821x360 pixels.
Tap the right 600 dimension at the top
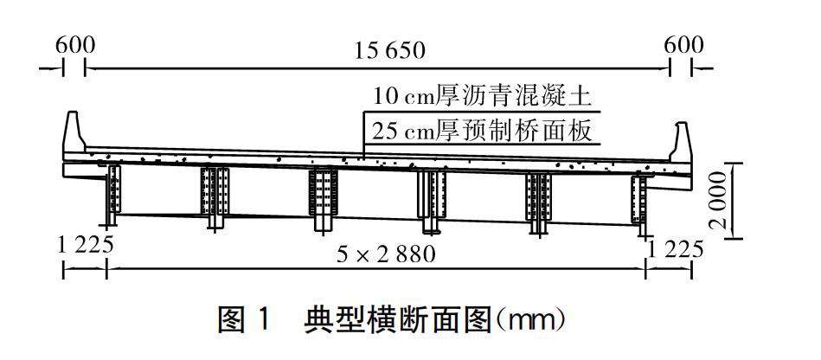pos(683,45)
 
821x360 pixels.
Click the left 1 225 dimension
pos(86,245)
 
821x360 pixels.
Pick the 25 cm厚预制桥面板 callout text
pos(482,132)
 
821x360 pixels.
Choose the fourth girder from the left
pos(431,201)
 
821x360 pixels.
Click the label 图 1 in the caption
pos(244,321)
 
